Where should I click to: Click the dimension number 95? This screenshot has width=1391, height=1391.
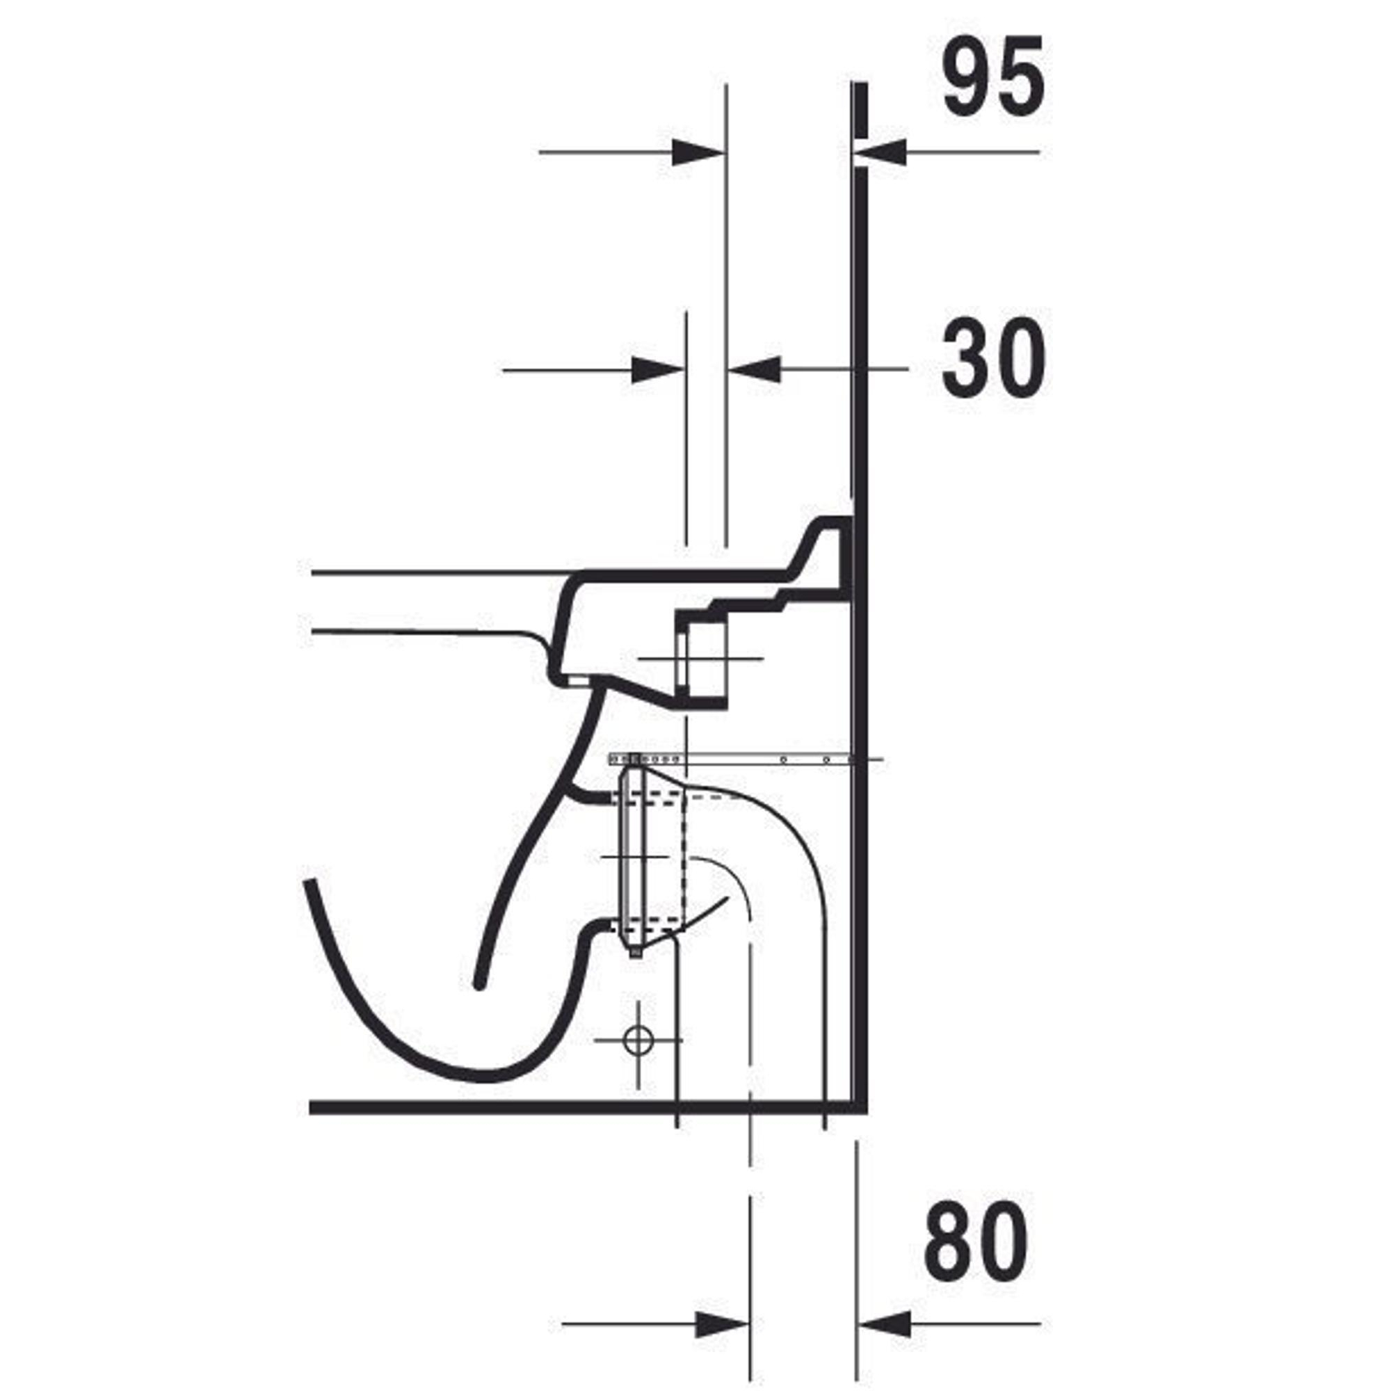click(x=994, y=77)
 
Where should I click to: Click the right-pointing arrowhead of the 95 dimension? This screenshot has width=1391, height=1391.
click(x=697, y=152)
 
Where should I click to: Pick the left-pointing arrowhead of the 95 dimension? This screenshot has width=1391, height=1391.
click(x=879, y=152)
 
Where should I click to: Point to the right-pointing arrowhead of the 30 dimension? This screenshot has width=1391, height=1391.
click(x=657, y=371)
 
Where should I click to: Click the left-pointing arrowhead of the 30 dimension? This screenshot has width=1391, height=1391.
click(x=755, y=370)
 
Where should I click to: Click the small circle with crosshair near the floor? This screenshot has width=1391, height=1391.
click(x=637, y=1040)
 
